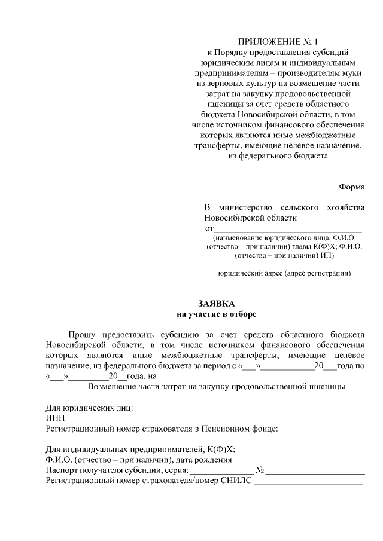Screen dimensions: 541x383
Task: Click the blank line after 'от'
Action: (288, 229)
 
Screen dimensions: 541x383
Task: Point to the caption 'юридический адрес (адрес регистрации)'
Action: (284, 274)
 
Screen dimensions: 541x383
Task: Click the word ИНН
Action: (54, 418)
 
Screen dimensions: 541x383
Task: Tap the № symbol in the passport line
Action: (260, 470)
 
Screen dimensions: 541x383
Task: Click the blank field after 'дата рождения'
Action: (299, 460)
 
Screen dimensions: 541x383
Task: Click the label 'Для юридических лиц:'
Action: (90, 408)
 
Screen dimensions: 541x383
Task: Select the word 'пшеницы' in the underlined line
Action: (326, 386)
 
